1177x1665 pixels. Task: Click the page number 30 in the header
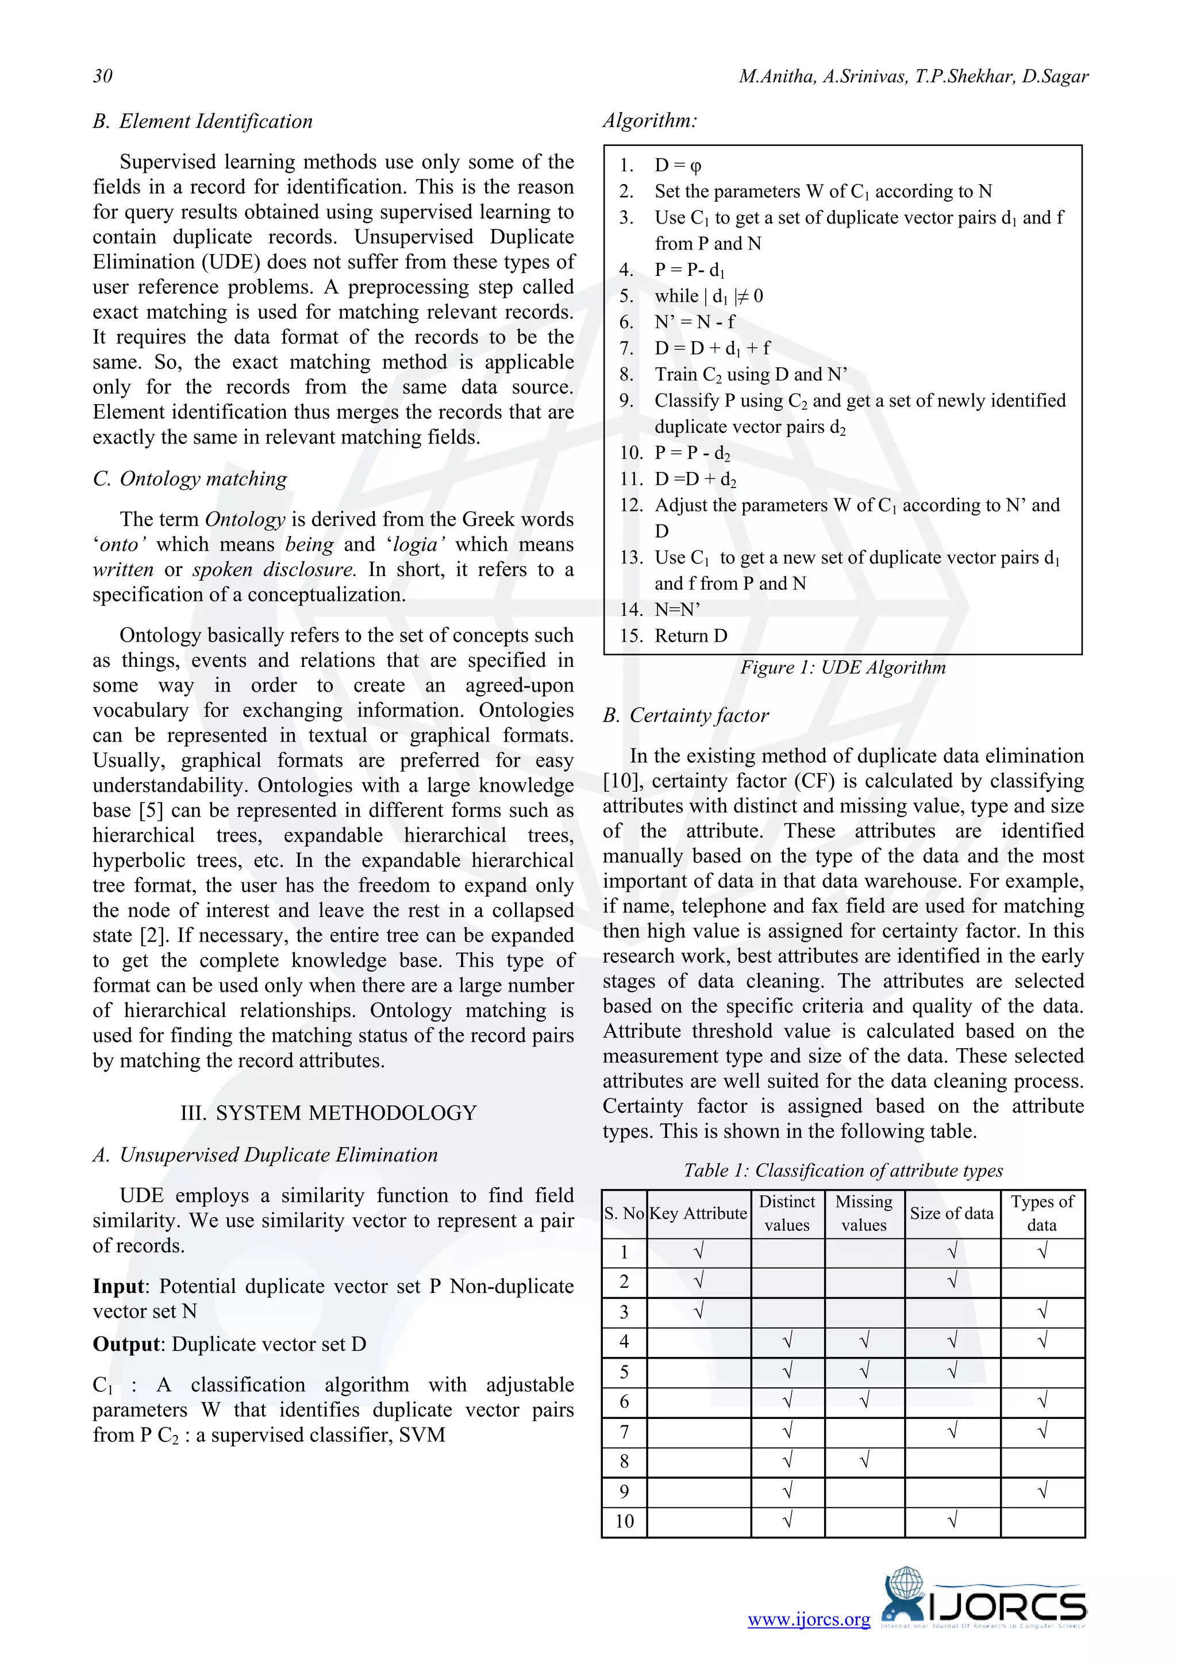coord(103,76)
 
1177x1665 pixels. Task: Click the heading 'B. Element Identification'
coord(203,121)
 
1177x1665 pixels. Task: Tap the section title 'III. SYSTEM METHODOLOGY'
coord(328,1112)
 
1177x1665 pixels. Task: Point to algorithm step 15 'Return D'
coord(690,636)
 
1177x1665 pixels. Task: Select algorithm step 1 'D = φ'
coord(678,166)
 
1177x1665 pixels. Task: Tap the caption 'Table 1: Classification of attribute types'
coord(843,1171)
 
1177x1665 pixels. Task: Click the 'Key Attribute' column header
coord(698,1213)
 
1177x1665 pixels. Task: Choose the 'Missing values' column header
coord(864,1213)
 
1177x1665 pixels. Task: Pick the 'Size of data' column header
coord(952,1213)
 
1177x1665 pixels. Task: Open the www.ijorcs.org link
coord(808,1620)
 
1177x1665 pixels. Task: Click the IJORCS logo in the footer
coord(984,1606)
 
